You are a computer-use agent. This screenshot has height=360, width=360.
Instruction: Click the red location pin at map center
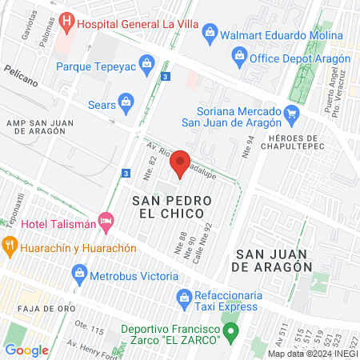coord(181,163)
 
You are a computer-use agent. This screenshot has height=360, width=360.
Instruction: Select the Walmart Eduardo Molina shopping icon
coord(210,32)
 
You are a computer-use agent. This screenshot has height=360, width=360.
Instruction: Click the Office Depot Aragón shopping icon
coord(238,55)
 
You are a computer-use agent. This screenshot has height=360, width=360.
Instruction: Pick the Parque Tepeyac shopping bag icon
coord(146,62)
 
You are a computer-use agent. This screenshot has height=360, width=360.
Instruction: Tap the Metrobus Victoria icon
coord(79,275)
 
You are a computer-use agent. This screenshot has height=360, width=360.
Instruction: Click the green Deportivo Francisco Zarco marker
coord(230,330)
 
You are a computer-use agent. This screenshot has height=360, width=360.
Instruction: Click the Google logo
coord(27,350)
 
